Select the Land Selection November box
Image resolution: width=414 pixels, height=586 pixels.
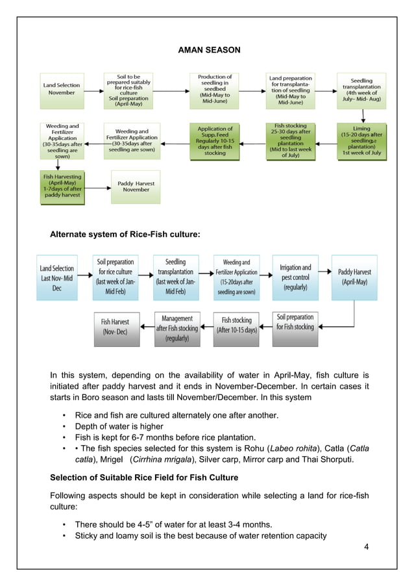[62, 89]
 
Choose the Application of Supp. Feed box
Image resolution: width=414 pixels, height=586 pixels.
[215, 141]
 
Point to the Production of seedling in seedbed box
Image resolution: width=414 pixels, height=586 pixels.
[215, 90]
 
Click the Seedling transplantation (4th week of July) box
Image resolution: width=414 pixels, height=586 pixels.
[361, 90]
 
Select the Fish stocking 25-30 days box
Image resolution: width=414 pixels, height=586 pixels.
[290, 141]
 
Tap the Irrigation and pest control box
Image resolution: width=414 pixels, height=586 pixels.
[295, 277]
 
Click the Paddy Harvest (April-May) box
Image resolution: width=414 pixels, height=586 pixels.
[354, 277]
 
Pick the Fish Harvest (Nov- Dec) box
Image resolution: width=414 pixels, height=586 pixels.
[116, 327]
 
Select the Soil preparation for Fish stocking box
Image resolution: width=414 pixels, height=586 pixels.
[295, 322]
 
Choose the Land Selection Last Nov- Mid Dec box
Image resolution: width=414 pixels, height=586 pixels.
[57, 277]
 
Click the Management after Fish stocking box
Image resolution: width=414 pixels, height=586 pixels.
[177, 328]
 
